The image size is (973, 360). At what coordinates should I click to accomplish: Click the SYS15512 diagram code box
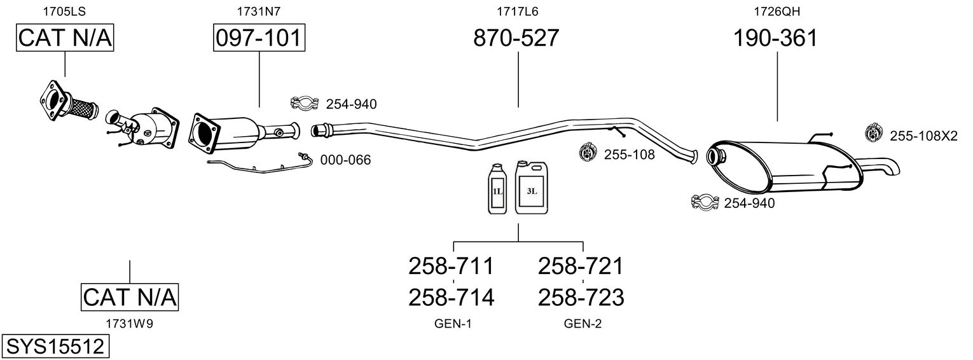click(55, 347)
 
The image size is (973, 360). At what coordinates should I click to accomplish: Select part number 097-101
click(259, 38)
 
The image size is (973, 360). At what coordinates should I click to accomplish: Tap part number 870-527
click(516, 38)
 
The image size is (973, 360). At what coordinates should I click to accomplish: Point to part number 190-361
click(775, 38)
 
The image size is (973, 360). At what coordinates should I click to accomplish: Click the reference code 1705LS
click(64, 11)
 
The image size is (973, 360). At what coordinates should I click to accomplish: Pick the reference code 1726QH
click(775, 11)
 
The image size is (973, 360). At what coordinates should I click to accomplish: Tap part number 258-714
click(451, 297)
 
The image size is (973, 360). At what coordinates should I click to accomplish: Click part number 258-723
click(581, 297)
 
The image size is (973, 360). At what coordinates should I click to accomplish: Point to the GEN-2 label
click(583, 324)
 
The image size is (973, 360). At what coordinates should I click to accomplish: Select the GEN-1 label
click(453, 324)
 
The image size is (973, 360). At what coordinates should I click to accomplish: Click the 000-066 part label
click(345, 160)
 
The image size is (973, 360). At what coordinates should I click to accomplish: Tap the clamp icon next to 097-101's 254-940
click(305, 103)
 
